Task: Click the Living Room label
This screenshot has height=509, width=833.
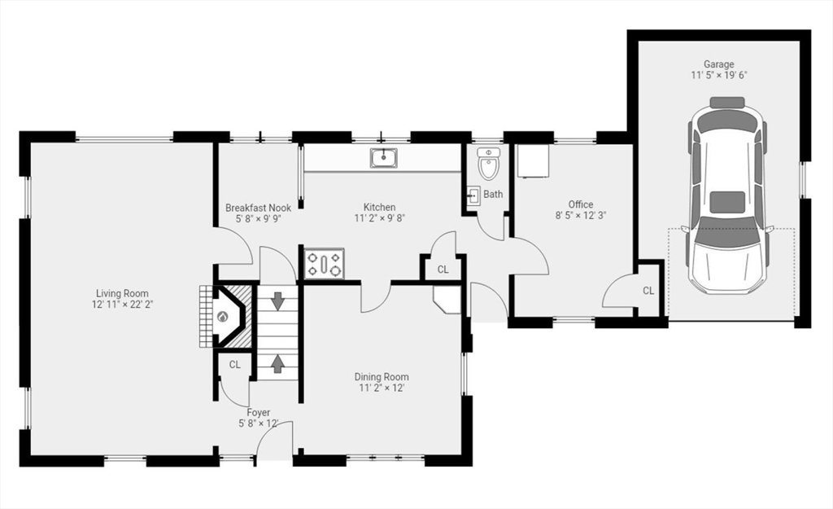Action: (122, 293)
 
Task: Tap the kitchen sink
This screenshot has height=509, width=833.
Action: (384, 158)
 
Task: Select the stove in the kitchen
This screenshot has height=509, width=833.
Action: (324, 264)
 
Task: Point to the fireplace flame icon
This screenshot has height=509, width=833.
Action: (221, 317)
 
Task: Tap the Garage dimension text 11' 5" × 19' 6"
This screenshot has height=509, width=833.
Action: (719, 75)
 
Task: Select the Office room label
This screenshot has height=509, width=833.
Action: (581, 204)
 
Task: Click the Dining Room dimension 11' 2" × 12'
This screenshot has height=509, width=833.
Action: (381, 388)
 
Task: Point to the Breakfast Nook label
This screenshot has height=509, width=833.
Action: (258, 208)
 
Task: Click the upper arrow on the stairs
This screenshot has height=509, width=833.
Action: (277, 301)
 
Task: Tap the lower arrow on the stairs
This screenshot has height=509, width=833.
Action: (277, 364)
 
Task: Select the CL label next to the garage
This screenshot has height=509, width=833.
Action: (648, 291)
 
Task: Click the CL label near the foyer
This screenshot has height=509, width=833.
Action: (235, 365)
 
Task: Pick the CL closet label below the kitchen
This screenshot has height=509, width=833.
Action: (443, 270)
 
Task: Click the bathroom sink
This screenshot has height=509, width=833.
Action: (474, 195)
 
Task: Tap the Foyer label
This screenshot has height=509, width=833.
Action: (258, 413)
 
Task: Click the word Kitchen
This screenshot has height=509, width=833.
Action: (379, 207)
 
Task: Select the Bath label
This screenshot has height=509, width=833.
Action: (493, 194)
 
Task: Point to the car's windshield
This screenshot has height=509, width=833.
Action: (727, 237)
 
